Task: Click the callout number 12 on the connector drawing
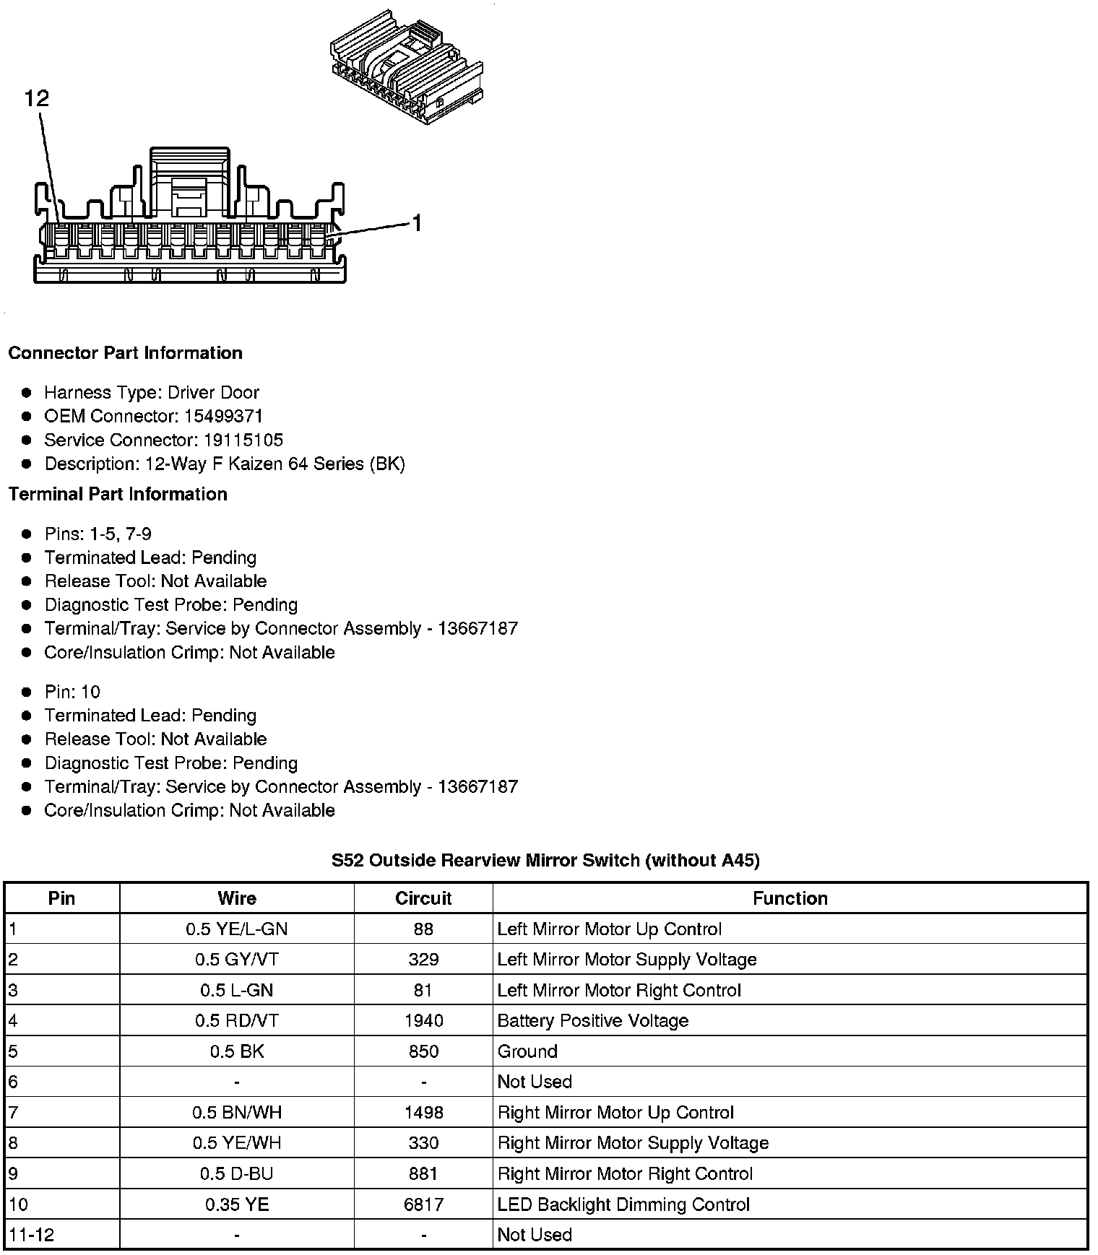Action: [37, 98]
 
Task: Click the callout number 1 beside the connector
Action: [416, 224]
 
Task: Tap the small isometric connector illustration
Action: [407, 68]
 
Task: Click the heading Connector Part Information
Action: [125, 353]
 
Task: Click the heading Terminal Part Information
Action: [118, 494]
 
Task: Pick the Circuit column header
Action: [423, 898]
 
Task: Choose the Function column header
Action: [790, 898]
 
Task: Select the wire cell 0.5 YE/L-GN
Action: [237, 929]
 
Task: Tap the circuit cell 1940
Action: [423, 1021]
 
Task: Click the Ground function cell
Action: [527, 1051]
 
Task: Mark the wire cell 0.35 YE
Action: [237, 1204]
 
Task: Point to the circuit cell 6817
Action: [423, 1204]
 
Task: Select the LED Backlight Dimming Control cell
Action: [623, 1204]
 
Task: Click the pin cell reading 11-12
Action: [32, 1235]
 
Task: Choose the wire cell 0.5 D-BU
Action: [237, 1174]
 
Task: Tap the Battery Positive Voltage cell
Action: [592, 1021]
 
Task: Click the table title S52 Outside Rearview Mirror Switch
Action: [545, 861]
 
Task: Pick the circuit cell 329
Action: [423, 960]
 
